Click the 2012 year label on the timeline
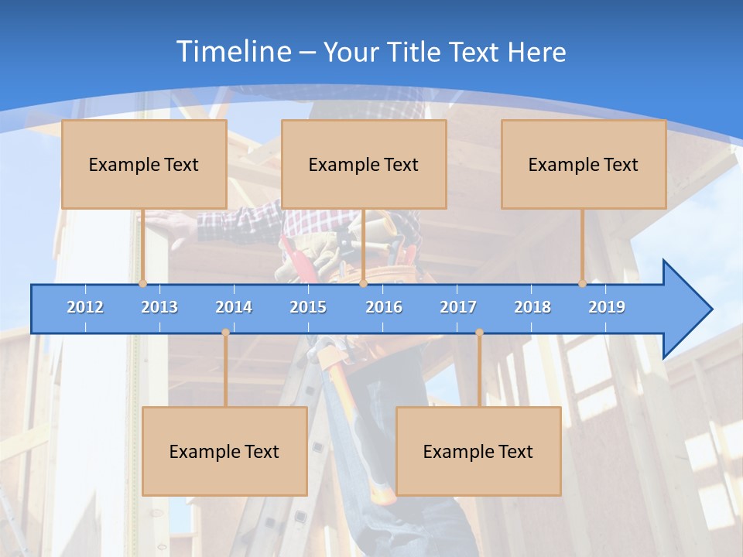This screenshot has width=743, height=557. point(85,307)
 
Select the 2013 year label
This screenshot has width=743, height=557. point(159,307)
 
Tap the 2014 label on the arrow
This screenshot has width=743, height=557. point(234,307)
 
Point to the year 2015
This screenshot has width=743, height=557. point(308,307)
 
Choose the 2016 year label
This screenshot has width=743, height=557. point(384,307)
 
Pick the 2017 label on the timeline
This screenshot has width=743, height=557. point(458,307)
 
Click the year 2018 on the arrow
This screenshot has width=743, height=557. point(532,307)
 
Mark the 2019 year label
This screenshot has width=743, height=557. point(607,307)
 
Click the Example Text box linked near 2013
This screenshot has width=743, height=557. point(144,164)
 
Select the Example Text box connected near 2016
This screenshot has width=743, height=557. point(364,164)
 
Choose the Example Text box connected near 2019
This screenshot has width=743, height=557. point(584,164)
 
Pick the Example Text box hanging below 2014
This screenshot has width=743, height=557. point(224,451)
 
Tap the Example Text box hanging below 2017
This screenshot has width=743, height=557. point(478,451)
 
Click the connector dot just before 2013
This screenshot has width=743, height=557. point(143,284)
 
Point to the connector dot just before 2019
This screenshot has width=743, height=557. point(583,284)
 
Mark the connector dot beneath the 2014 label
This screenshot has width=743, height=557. point(225,333)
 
